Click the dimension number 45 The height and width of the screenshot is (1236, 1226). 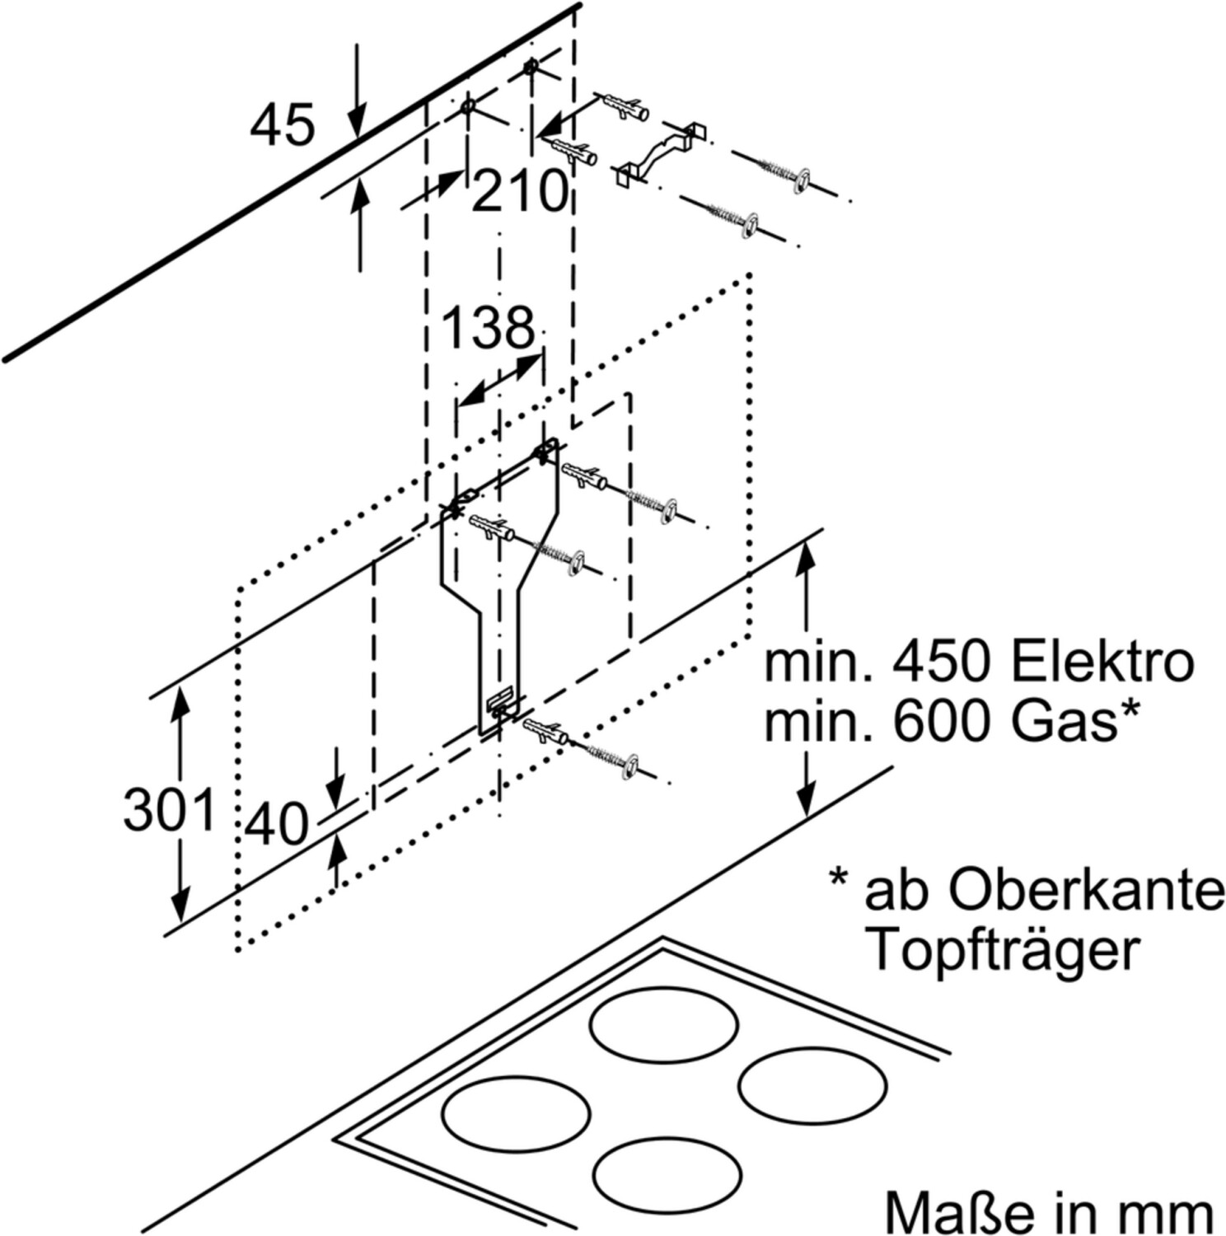pos(282,125)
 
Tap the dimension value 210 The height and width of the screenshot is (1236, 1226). pos(518,192)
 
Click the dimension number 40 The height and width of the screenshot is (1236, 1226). pos(278,824)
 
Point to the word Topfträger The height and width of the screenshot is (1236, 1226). pos(1004,950)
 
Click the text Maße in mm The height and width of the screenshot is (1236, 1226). pos(1049,1211)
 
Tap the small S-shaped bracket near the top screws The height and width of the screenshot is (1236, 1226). pos(662,152)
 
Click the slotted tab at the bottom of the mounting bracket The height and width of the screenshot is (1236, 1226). pos(500,702)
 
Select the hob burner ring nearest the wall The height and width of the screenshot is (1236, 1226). pos(664,1028)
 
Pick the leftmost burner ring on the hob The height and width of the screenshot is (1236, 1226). pos(516,1113)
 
